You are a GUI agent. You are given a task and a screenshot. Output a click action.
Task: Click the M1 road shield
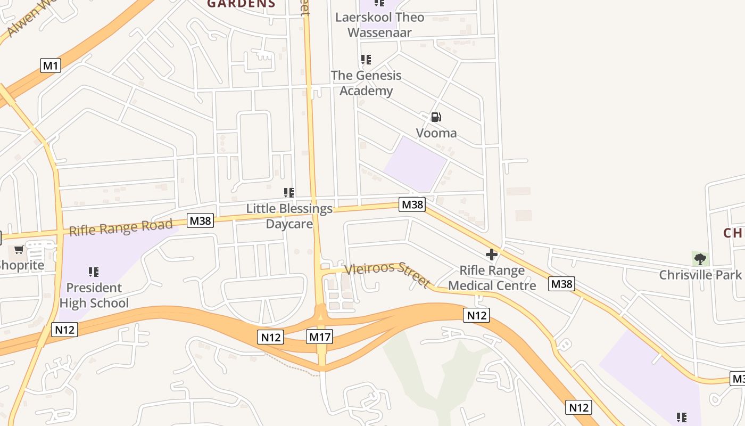(x=51, y=66)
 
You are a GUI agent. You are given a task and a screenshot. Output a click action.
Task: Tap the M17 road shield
(x=320, y=337)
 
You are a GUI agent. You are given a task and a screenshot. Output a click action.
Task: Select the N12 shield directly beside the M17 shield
(x=271, y=337)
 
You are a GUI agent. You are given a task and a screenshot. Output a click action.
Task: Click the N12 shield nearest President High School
(x=65, y=330)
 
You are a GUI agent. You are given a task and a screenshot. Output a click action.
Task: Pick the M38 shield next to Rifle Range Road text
(x=201, y=220)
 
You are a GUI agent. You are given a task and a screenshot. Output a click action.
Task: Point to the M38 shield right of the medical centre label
(x=561, y=284)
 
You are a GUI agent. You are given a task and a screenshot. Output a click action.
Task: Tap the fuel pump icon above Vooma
(x=436, y=117)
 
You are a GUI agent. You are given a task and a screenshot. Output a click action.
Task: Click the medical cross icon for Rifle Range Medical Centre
(x=491, y=255)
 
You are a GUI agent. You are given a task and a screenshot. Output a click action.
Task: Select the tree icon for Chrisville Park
(x=700, y=259)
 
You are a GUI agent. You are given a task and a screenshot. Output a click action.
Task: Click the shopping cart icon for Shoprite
(x=19, y=250)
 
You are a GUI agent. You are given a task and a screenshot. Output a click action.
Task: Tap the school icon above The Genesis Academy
(x=366, y=60)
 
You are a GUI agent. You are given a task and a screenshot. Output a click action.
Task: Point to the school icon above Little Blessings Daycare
(x=289, y=193)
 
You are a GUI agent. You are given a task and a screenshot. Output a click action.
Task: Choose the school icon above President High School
(x=94, y=272)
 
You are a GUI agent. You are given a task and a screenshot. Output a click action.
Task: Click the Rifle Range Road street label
(x=121, y=227)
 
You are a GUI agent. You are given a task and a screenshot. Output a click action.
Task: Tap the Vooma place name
(x=436, y=133)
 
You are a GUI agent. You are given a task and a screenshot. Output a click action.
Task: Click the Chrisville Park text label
(x=700, y=275)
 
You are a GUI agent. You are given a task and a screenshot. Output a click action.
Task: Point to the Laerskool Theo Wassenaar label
(x=379, y=25)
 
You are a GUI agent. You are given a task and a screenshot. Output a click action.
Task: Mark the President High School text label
(x=94, y=296)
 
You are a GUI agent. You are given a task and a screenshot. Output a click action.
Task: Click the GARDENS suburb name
(x=241, y=4)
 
